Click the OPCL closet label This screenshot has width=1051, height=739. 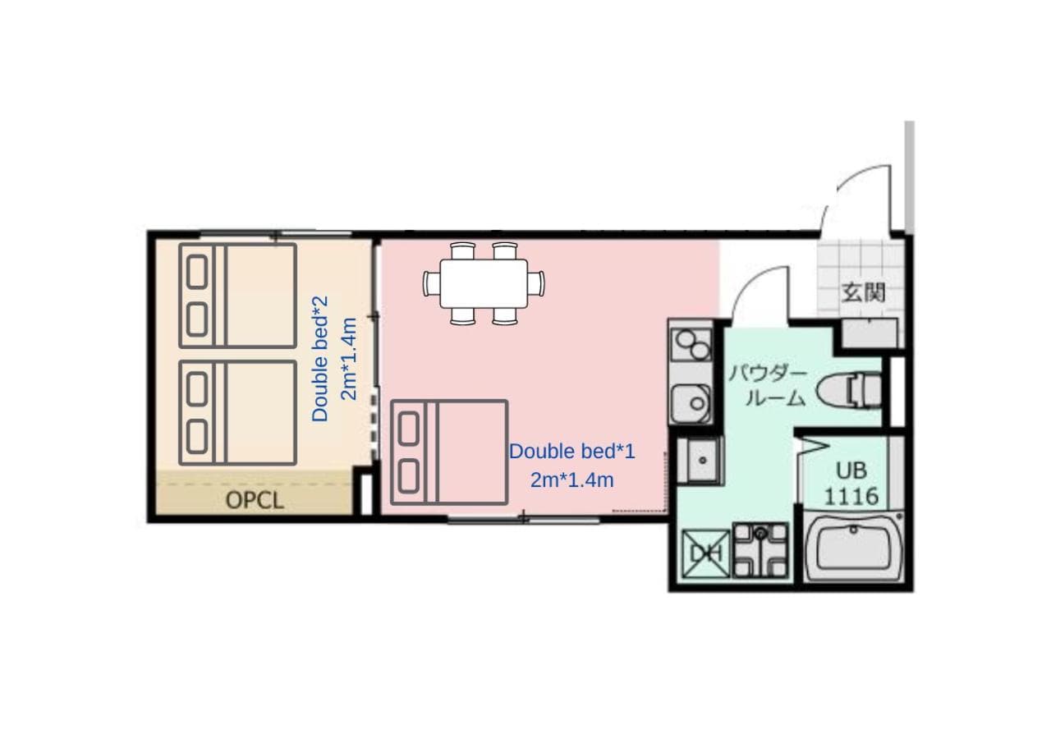255,501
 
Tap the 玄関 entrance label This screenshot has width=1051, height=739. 863,292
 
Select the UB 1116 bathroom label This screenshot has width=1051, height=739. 851,483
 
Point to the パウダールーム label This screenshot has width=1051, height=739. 767,387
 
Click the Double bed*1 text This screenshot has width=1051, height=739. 572,452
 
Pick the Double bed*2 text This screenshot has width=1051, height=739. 319,359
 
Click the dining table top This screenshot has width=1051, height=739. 484,283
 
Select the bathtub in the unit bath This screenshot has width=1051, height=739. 853,548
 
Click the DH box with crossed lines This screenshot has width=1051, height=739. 705,553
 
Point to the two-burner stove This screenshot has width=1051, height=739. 691,344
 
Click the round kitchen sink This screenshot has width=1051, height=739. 691,403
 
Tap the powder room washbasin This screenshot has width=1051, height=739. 700,461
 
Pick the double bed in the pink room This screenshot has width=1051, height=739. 449,452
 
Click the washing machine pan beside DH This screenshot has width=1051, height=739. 760,550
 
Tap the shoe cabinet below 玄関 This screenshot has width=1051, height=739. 870,333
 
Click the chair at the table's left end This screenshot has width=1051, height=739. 431,283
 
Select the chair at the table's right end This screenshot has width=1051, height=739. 536,283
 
